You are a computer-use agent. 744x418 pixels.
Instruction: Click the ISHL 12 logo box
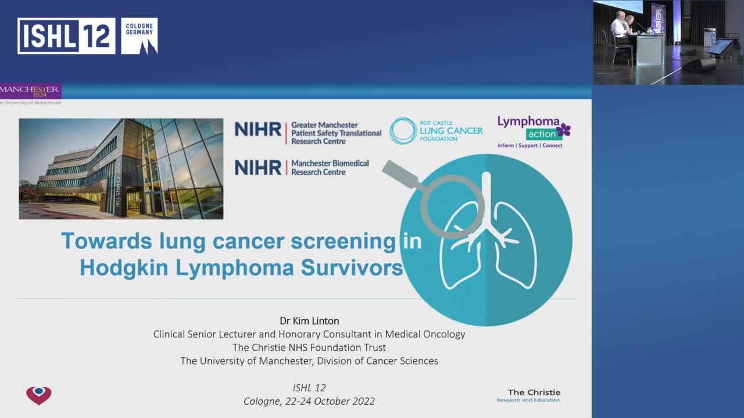[x=66, y=36]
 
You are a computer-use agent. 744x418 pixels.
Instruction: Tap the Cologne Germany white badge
[x=139, y=36]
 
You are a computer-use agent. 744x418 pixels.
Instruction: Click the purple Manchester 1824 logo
[x=30, y=91]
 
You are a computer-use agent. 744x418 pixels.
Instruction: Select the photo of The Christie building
[x=121, y=169]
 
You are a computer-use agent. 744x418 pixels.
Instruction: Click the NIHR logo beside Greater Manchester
[x=257, y=129]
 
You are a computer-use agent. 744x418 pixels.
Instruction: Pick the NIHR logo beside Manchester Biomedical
[x=257, y=167]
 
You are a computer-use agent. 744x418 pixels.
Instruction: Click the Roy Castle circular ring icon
[x=403, y=131]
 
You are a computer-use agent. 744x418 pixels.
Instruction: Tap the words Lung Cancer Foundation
[x=451, y=131]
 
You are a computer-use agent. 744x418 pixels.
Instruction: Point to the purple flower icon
[x=563, y=129]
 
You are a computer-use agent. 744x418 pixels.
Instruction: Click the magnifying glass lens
[x=453, y=206]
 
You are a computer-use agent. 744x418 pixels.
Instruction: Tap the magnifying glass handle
[x=402, y=174]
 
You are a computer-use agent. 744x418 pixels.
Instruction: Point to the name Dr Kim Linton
[x=309, y=320]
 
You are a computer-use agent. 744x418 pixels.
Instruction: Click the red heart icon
[x=39, y=395]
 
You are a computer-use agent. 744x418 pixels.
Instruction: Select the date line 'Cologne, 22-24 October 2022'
[x=309, y=401]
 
